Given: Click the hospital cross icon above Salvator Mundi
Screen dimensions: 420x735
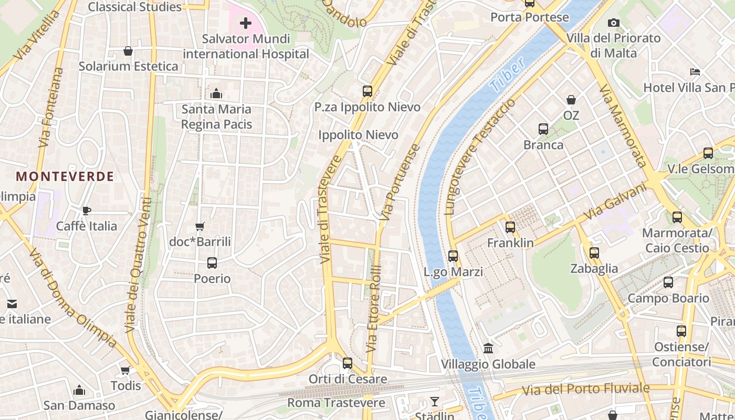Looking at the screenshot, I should (x=245, y=23).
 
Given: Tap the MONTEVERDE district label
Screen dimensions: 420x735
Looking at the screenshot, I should (x=65, y=176).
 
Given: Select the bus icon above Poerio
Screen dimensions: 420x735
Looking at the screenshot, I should (x=212, y=263).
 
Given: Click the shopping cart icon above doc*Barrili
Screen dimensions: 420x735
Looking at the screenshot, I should (x=199, y=227).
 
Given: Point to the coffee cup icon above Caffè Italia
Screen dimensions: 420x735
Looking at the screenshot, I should (x=87, y=211).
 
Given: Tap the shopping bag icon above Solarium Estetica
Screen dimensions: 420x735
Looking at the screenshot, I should (x=128, y=51).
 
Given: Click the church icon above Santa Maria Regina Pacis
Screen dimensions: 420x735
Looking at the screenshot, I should (x=216, y=94).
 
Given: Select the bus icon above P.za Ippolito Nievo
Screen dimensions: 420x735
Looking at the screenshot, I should (x=367, y=91).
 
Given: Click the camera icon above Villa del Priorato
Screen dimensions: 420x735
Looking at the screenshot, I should (x=613, y=23).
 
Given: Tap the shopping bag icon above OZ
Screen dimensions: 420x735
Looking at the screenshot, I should (x=571, y=100).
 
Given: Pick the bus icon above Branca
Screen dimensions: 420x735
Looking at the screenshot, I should (x=543, y=129).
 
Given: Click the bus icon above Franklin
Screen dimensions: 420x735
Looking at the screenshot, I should (x=510, y=227).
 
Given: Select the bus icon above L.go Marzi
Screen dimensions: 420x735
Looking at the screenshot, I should (x=453, y=257).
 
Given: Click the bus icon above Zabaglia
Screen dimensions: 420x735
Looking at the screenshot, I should (x=594, y=253).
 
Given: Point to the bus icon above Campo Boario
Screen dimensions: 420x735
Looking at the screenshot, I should (x=668, y=282).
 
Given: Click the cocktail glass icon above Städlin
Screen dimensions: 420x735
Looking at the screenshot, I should (x=435, y=402).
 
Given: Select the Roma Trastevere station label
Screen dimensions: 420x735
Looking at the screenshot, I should (x=336, y=403).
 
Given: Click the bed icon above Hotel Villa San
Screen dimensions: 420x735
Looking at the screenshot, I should (x=695, y=72).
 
